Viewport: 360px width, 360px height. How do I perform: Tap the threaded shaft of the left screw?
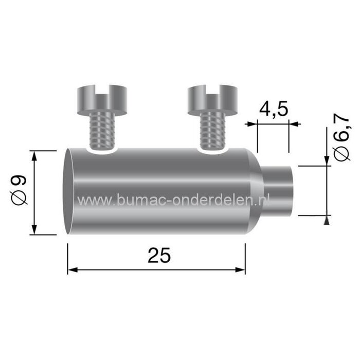101,131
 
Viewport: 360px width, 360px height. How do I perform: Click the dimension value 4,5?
273,110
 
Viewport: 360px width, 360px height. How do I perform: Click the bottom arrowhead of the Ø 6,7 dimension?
327,221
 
